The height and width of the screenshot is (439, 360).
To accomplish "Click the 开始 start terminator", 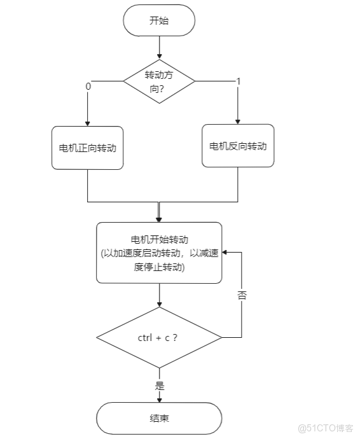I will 159,20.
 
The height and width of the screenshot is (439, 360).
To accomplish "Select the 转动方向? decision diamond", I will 159,82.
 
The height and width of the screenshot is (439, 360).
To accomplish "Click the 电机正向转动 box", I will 87,148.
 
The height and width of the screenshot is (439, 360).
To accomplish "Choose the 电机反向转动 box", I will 238,146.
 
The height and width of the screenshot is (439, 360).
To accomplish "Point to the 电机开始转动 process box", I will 159,253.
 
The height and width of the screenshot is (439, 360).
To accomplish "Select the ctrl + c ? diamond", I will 159,337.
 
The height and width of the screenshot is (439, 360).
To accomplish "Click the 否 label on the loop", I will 242,296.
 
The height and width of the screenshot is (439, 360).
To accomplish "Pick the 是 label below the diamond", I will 159,386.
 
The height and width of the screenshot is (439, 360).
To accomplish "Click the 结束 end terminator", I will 159,419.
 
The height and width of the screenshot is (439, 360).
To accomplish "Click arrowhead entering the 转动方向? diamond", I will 159,57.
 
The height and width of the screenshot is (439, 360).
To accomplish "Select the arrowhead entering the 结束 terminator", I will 159,400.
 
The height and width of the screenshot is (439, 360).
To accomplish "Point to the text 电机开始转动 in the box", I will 159,240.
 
